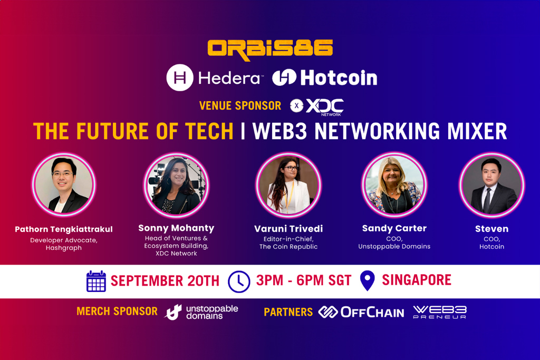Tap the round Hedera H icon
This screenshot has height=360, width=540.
point(179,78)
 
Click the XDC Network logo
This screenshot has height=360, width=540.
point(317,106)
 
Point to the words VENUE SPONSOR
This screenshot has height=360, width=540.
point(240,106)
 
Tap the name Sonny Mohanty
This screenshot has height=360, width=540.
point(176,228)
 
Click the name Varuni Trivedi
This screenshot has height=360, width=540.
point(288,229)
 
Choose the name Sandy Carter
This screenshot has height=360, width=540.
point(394,228)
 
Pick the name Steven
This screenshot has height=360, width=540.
point(491,229)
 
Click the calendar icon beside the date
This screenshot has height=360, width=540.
point(96,281)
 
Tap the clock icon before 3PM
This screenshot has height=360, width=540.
point(239,281)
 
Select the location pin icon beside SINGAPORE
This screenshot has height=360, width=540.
point(367,280)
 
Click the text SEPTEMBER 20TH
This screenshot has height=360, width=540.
point(165,281)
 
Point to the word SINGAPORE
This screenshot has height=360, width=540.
point(417,280)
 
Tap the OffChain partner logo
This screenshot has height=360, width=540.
point(361,312)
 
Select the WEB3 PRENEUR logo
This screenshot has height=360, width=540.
point(439,312)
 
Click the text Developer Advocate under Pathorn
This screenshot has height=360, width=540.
point(64,240)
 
